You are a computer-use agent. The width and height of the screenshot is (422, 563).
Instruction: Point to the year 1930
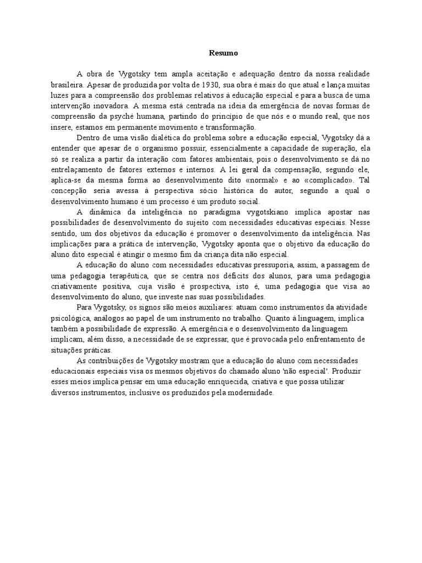(x=209, y=85)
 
